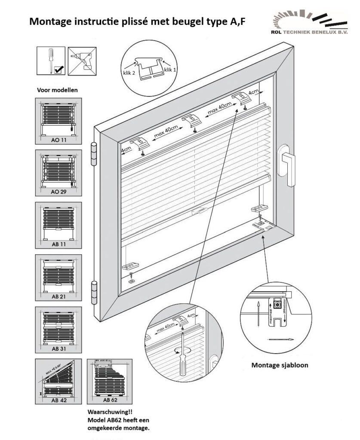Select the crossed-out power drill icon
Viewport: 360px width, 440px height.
click(82, 61)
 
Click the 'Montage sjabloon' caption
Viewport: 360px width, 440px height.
click(280, 366)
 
